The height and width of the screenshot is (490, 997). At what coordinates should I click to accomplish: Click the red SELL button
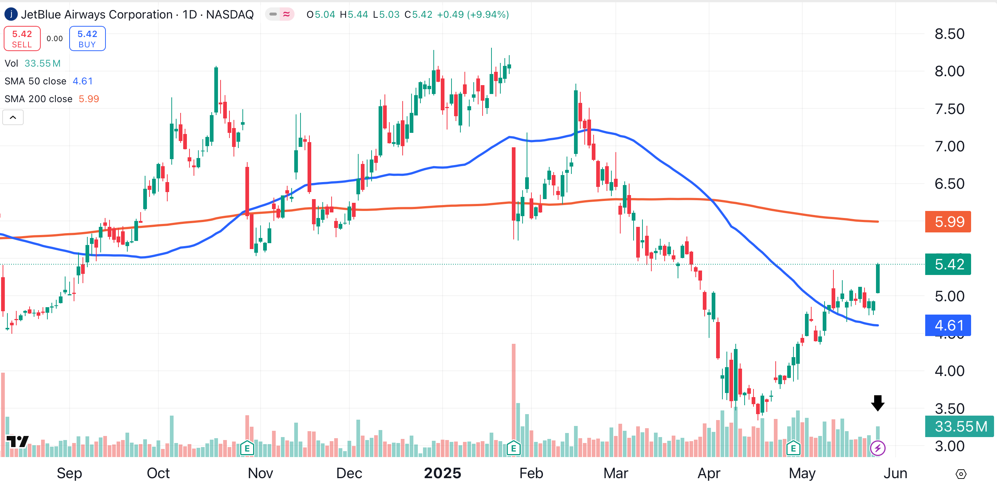(22, 39)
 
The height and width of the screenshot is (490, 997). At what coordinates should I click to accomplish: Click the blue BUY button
(87, 39)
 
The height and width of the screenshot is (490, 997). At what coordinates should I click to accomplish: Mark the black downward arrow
(877, 403)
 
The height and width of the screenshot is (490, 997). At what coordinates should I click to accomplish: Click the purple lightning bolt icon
(877, 448)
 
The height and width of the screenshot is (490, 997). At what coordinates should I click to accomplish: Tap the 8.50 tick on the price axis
(949, 34)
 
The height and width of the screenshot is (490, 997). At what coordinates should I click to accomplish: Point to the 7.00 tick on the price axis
(949, 146)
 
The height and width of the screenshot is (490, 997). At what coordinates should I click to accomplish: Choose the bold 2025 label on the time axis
(442, 473)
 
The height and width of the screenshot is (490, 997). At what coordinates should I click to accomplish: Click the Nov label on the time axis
(261, 473)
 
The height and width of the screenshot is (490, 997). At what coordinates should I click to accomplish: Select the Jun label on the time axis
(895, 473)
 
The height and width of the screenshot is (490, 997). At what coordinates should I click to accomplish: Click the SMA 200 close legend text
(38, 99)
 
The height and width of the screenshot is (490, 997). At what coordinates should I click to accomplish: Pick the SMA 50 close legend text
(35, 81)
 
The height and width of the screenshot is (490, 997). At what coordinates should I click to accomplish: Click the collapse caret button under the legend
(13, 117)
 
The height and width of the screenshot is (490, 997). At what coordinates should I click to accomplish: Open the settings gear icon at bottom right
(961, 474)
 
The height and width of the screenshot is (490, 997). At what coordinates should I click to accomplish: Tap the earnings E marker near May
(793, 448)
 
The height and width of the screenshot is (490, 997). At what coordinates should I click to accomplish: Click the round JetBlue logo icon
(11, 14)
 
